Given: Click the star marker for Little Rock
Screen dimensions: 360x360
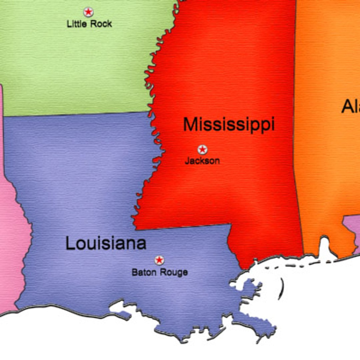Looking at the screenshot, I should pos(88,12).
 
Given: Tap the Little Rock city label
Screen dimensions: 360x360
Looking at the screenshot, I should pos(89,24).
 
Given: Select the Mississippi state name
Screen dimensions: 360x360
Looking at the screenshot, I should pos(229,125).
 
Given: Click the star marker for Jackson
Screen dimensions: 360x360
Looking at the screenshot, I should pos(202,150).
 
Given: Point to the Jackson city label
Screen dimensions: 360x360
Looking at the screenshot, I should pos(202,161).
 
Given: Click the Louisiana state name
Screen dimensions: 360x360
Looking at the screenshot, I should pos(106,243).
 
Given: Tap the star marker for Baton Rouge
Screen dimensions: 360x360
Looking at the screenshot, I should pos(159,260).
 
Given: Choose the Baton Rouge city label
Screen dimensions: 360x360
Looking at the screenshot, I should pos(160,272).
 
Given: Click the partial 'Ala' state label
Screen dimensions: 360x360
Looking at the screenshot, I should pos(350,107).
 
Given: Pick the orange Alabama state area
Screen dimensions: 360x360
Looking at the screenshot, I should pos(327,167).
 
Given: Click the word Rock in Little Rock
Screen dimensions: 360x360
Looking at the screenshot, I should pos(101,24).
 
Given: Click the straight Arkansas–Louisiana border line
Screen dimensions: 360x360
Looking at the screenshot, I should pos(77,114).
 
